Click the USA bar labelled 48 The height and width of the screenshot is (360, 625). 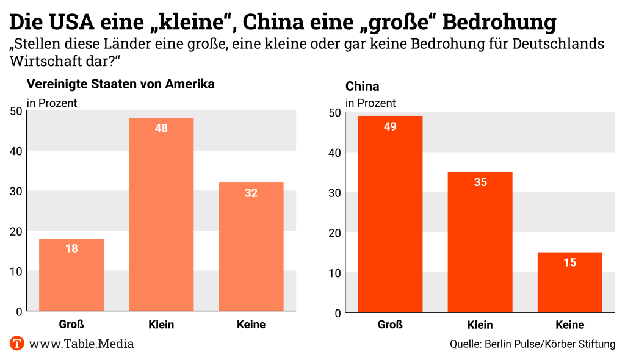(161, 214)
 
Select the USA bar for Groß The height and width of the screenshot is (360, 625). (71, 275)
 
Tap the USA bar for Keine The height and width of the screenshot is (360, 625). (251, 247)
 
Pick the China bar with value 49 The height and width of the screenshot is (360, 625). (390, 214)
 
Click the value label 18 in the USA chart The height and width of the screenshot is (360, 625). (71, 248)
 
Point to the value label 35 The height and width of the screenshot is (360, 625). (480, 182)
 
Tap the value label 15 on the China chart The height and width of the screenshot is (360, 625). (570, 262)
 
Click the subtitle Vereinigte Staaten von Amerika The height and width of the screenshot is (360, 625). (120, 84)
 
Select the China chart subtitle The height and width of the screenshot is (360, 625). (362, 87)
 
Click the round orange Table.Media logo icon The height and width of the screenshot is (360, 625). (17, 343)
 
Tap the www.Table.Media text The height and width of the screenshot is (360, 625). (81, 344)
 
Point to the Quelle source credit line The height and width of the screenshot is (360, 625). (532, 344)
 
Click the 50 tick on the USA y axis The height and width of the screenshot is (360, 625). (16, 110)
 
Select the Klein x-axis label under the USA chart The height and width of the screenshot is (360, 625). (161, 325)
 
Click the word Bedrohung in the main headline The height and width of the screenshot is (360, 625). (499, 22)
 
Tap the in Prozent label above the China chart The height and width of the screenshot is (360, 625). (370, 103)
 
